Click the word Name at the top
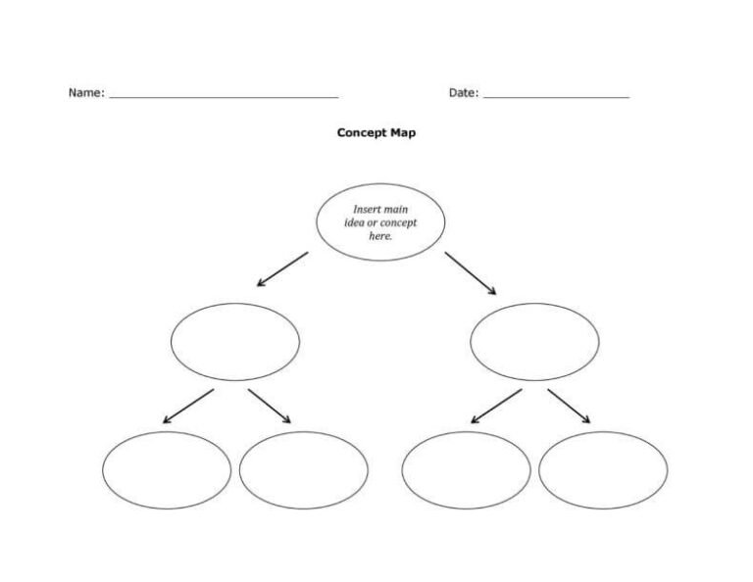click(83, 93)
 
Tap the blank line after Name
click(224, 97)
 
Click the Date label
click(462, 93)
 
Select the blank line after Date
click(556, 97)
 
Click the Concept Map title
click(376, 133)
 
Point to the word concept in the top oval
click(398, 223)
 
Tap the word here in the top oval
click(379, 236)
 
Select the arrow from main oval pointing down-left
click(282, 269)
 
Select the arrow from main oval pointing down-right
click(471, 272)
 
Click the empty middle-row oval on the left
click(235, 342)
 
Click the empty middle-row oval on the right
click(534, 342)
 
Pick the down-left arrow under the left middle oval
click(188, 406)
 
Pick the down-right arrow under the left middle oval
click(270, 406)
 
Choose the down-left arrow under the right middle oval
click(496, 406)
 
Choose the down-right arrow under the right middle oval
click(569, 406)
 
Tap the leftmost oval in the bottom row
click(167, 470)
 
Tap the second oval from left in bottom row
click(304, 470)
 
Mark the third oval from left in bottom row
click(466, 470)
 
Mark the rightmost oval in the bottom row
click(603, 470)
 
